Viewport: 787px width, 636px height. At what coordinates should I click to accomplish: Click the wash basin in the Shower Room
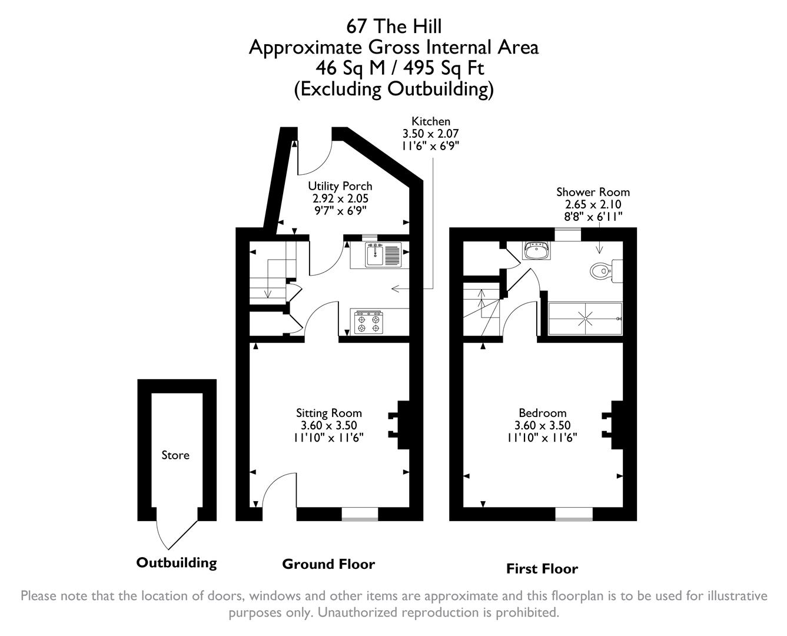pos(536,251)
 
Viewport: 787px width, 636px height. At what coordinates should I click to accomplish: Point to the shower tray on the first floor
pos(585,319)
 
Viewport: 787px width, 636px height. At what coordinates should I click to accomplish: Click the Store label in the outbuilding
pos(175,455)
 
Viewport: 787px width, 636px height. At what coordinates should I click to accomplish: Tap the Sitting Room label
pos(328,413)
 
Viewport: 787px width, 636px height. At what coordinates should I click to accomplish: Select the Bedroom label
pos(542,413)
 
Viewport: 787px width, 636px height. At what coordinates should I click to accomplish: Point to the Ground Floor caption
pos(328,564)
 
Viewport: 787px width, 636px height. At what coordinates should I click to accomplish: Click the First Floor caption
pos(542,569)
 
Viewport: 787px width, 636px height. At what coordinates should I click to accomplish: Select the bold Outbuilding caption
pos(177,563)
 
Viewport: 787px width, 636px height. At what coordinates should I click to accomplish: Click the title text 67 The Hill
pos(393,26)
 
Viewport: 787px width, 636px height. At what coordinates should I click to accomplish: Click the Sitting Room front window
pos(360,514)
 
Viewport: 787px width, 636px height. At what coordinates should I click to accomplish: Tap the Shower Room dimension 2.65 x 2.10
pos(593,204)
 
